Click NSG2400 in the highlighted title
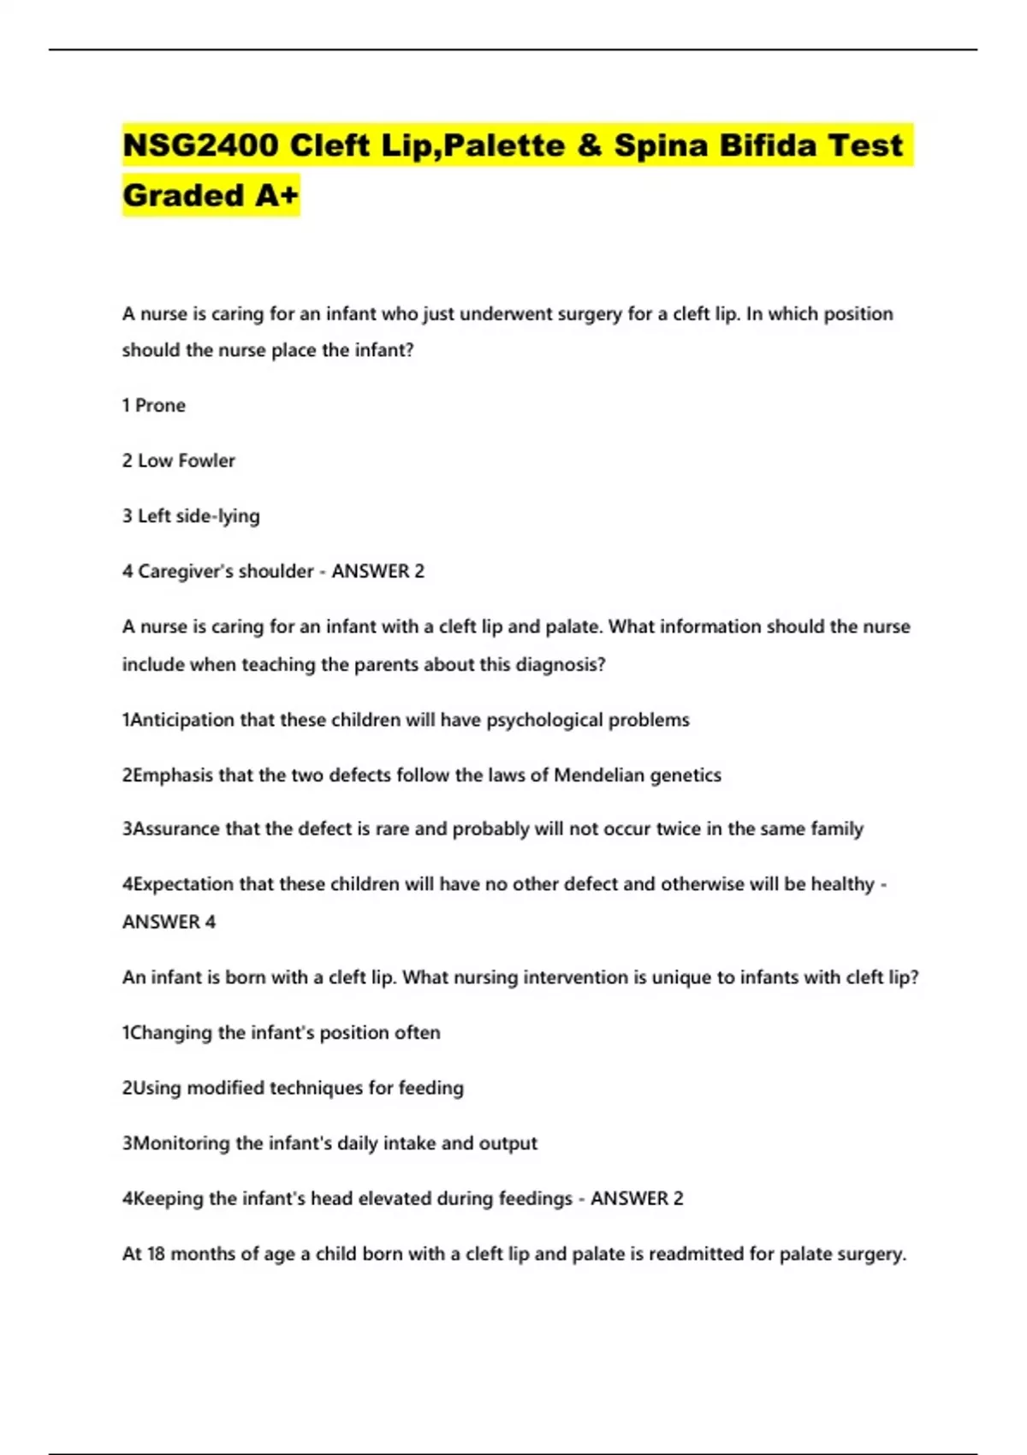pos(200,145)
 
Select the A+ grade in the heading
pos(276,195)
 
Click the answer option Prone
pos(160,405)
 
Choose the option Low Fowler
pos(186,460)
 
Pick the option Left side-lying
pos(199,516)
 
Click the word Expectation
pos(182,884)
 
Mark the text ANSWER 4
pos(169,922)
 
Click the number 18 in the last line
pos(156,1254)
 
